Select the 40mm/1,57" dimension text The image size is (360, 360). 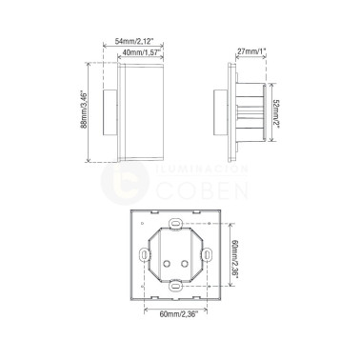(140, 54)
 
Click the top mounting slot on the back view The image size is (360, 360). (176, 226)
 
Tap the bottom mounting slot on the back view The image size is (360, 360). (176, 286)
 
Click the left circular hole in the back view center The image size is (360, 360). (170, 264)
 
